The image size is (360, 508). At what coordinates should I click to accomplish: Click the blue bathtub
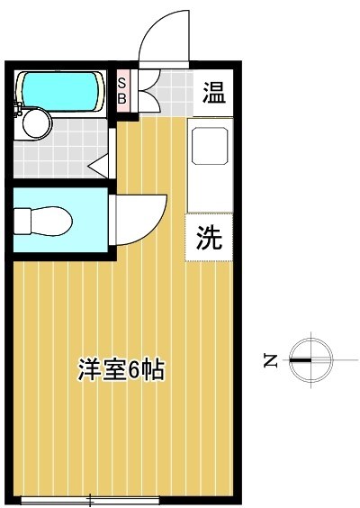point(58,89)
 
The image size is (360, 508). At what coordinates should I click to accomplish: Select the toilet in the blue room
point(45,218)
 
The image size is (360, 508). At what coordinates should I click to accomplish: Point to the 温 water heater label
point(213,92)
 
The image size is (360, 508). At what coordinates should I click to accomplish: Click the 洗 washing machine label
point(208,239)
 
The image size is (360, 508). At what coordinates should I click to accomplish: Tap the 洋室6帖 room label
point(121,369)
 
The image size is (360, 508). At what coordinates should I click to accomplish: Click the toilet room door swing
point(139,221)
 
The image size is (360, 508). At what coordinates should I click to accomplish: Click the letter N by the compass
point(270,361)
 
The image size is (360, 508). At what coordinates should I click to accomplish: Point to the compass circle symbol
point(311,360)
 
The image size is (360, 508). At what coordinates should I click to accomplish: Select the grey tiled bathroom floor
point(63,153)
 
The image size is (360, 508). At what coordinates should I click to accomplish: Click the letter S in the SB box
point(124,82)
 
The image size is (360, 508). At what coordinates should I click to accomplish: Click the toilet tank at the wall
point(21,219)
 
